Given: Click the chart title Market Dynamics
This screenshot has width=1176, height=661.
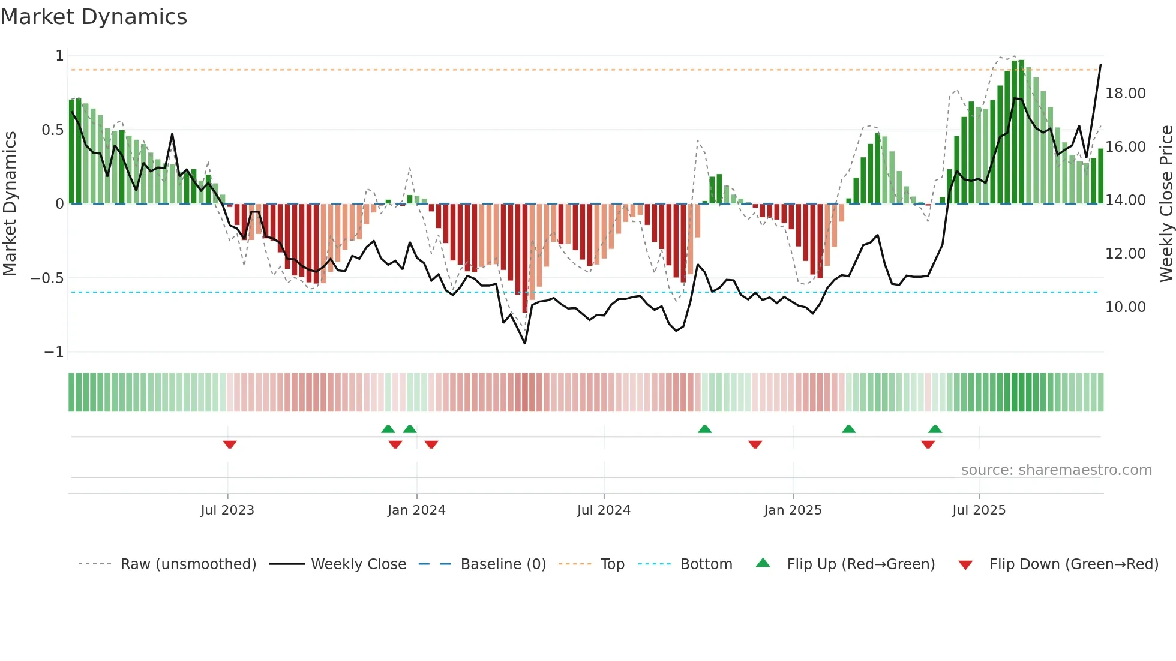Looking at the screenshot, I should click(94, 17).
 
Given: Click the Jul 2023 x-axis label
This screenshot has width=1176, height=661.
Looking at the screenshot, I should click(227, 510).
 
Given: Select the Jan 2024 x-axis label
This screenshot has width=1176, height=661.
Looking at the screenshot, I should click(416, 510).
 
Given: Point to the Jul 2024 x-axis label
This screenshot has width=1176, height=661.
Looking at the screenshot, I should click(604, 510).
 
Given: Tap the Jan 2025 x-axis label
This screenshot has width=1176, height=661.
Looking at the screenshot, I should click(793, 510).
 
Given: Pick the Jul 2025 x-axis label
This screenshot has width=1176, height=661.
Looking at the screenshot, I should click(979, 510).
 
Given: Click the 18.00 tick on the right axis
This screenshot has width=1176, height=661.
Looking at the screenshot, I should click(1125, 94).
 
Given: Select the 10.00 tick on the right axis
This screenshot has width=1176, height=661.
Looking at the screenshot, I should click(1125, 307).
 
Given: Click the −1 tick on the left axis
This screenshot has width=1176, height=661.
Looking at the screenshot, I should click(54, 352).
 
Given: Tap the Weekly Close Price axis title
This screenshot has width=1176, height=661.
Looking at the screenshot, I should click(1166, 203).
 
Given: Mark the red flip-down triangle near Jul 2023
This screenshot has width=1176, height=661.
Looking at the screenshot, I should click(230, 444).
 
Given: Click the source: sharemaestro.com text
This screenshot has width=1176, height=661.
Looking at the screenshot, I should click(1056, 470).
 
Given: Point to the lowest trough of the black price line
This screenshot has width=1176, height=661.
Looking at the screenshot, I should click(525, 343).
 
